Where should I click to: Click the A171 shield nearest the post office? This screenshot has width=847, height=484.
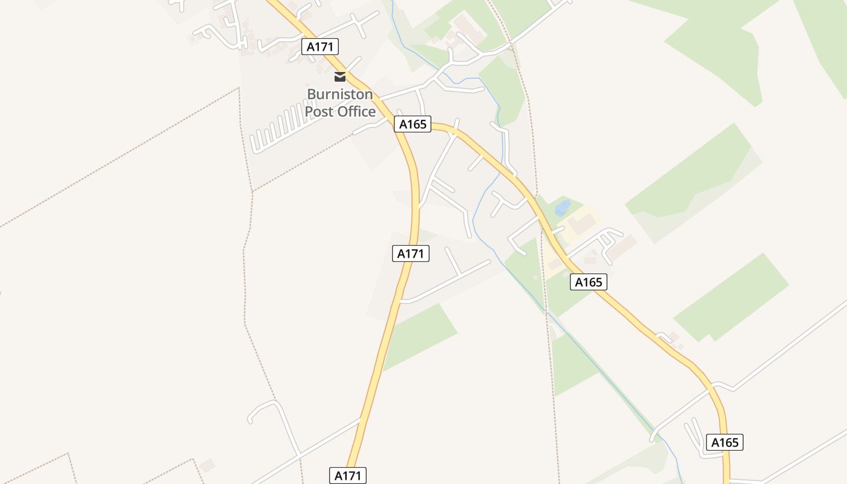click(x=320, y=47)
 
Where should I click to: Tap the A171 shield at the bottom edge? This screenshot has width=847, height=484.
click(x=348, y=476)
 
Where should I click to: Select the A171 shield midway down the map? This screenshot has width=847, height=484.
click(x=411, y=253)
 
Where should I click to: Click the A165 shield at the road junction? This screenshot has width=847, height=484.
click(x=413, y=124)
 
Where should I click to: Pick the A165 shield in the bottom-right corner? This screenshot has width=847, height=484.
click(x=724, y=442)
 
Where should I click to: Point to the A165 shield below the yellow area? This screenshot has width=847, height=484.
click(x=588, y=281)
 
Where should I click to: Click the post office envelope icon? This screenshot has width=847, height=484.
click(x=340, y=77)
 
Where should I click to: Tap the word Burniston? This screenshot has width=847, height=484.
click(x=340, y=94)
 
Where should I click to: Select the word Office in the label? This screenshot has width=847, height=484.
click(x=356, y=111)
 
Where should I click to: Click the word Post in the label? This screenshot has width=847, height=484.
click(x=319, y=111)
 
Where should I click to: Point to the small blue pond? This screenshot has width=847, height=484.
click(x=563, y=208)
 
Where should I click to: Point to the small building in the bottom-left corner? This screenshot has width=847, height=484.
click(x=207, y=465)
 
